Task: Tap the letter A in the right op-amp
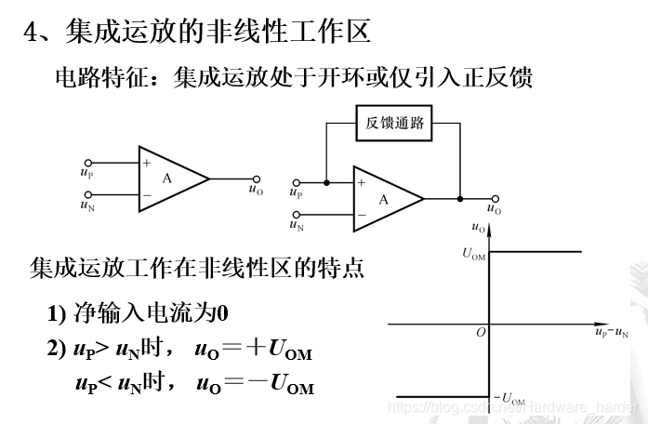[382, 199]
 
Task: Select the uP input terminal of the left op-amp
[86, 162]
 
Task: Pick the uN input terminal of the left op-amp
[86, 194]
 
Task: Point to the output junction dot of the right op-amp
[460, 198]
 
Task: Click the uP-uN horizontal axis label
[611, 332]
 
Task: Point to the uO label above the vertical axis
[478, 226]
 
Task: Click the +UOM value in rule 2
[278, 351]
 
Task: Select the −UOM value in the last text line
[278, 385]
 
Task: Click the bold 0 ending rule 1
[223, 312]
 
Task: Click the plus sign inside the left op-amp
[146, 163]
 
